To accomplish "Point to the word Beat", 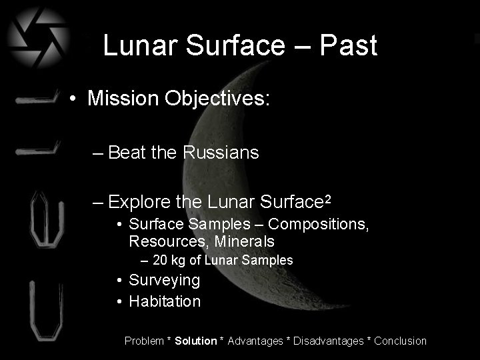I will (x=127, y=153).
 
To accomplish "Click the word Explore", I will (x=139, y=201).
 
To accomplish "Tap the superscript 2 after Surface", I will (x=327, y=198).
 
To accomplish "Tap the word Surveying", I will (x=164, y=280).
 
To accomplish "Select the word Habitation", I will (x=165, y=301).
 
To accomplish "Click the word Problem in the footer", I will (x=144, y=341).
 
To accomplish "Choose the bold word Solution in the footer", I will (x=196, y=341).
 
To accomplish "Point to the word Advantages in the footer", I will (x=255, y=341).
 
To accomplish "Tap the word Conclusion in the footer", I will (x=400, y=341).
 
